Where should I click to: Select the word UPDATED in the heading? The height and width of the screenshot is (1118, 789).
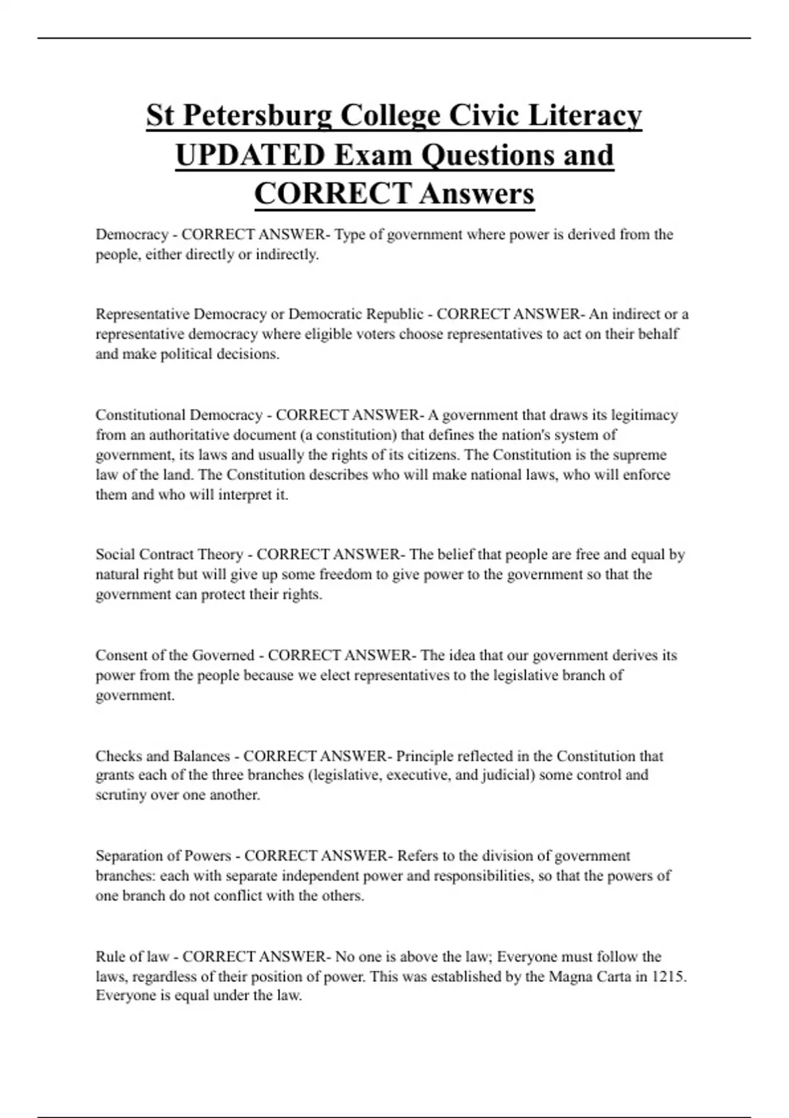[250, 155]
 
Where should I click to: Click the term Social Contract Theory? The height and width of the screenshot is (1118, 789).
[169, 554]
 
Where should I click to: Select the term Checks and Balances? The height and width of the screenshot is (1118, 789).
[162, 756]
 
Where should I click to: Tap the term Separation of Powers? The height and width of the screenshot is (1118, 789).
[163, 856]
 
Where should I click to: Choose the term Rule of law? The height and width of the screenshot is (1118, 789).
[132, 957]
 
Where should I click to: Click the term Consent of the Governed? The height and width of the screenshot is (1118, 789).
[175, 656]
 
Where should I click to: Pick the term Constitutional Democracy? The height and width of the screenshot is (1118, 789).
[179, 415]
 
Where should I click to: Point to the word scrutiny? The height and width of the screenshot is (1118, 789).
[121, 795]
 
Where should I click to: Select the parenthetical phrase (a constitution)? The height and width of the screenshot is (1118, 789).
[348, 435]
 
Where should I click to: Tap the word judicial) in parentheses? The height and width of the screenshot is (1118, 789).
[508, 775]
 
